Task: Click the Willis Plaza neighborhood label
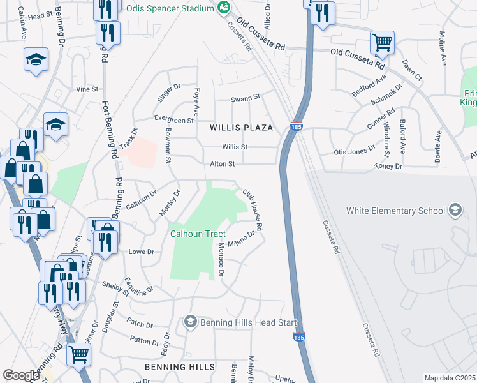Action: (242, 128)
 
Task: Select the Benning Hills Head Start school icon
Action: (190, 322)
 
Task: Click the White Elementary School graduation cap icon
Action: (455, 210)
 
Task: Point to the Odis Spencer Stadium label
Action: (169, 9)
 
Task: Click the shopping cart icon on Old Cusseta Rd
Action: (382, 43)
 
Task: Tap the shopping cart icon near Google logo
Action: (79, 354)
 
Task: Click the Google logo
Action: (21, 375)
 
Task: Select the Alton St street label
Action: (223, 164)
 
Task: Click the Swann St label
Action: (246, 98)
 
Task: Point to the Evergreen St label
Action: (174, 120)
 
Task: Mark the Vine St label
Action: (87, 89)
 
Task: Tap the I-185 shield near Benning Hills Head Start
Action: (298, 336)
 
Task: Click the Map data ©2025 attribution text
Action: (450, 378)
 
